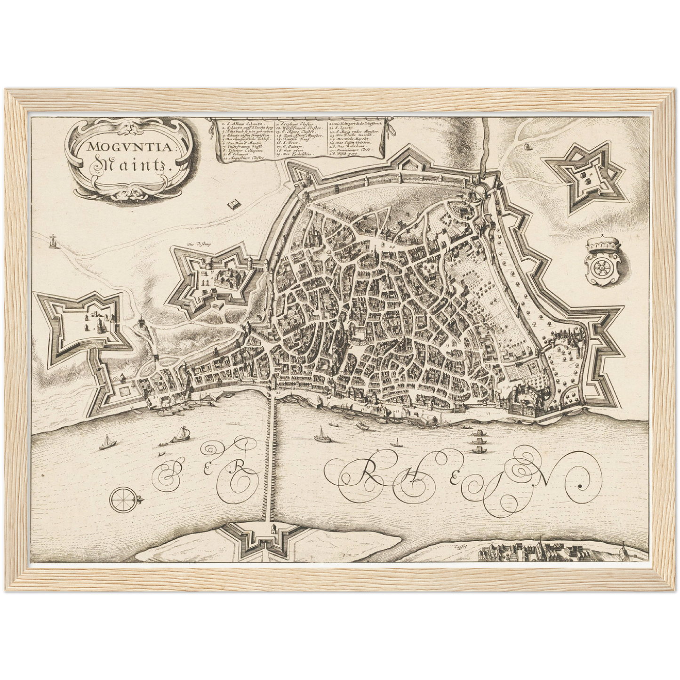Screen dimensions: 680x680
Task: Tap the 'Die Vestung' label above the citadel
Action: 193,245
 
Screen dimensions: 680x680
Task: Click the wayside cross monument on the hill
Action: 51,241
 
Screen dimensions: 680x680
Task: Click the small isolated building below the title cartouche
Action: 233,205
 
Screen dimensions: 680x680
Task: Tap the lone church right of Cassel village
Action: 622,548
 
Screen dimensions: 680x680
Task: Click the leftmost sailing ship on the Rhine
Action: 107,442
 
